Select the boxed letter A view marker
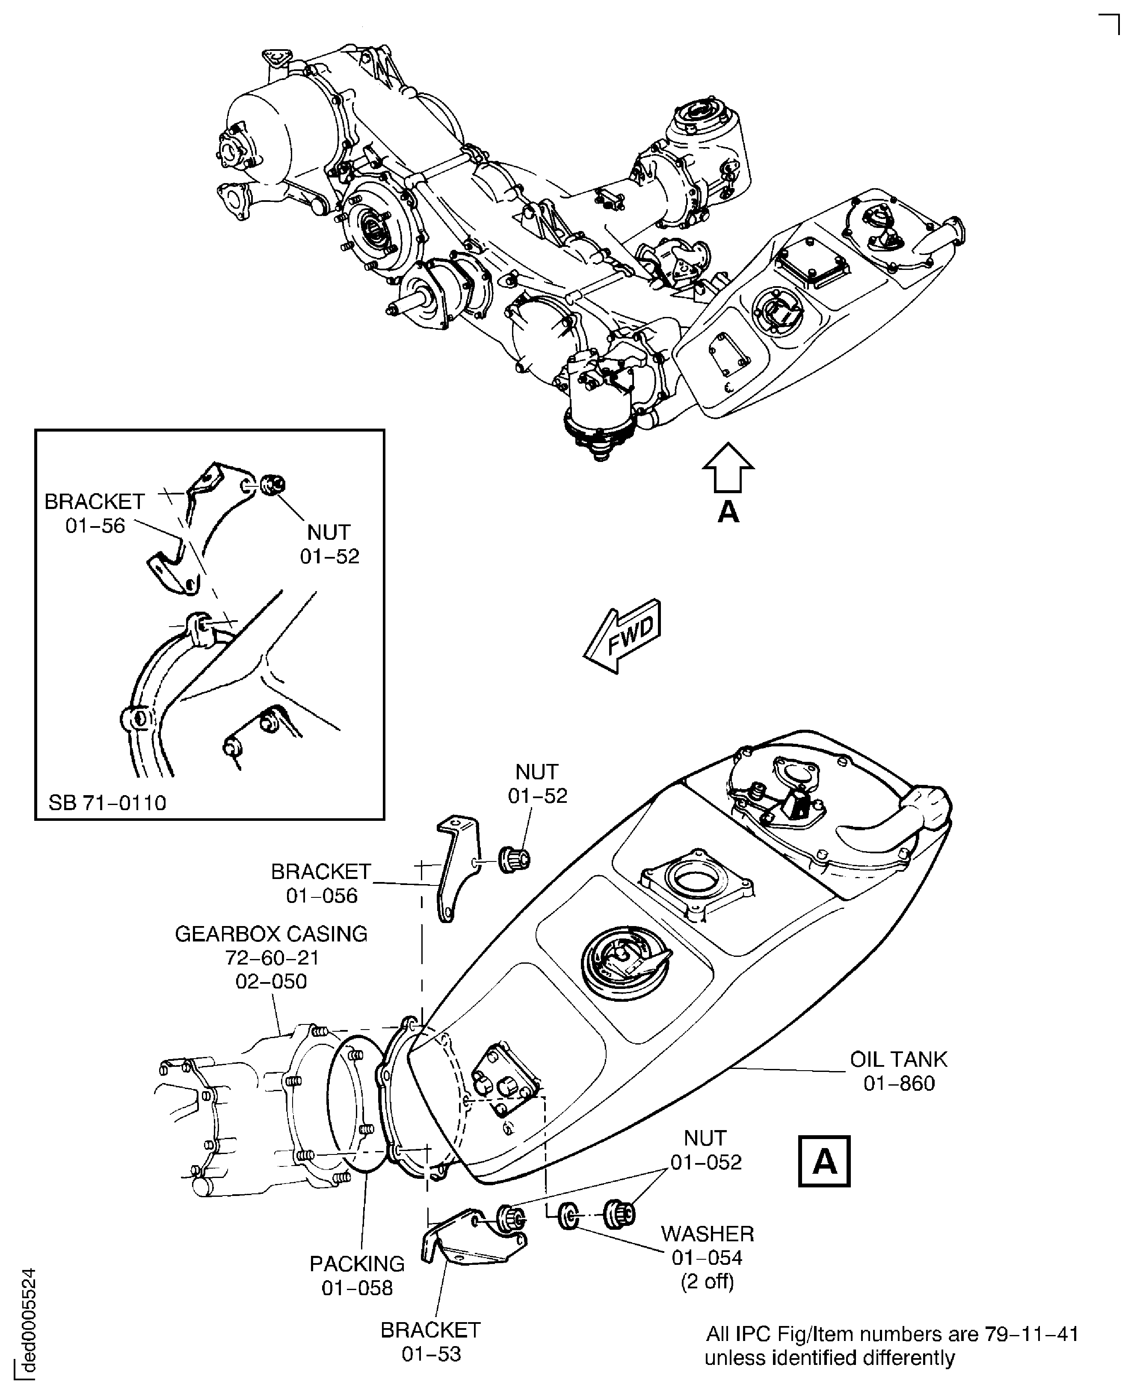click(824, 1161)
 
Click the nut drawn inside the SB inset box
click(272, 485)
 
